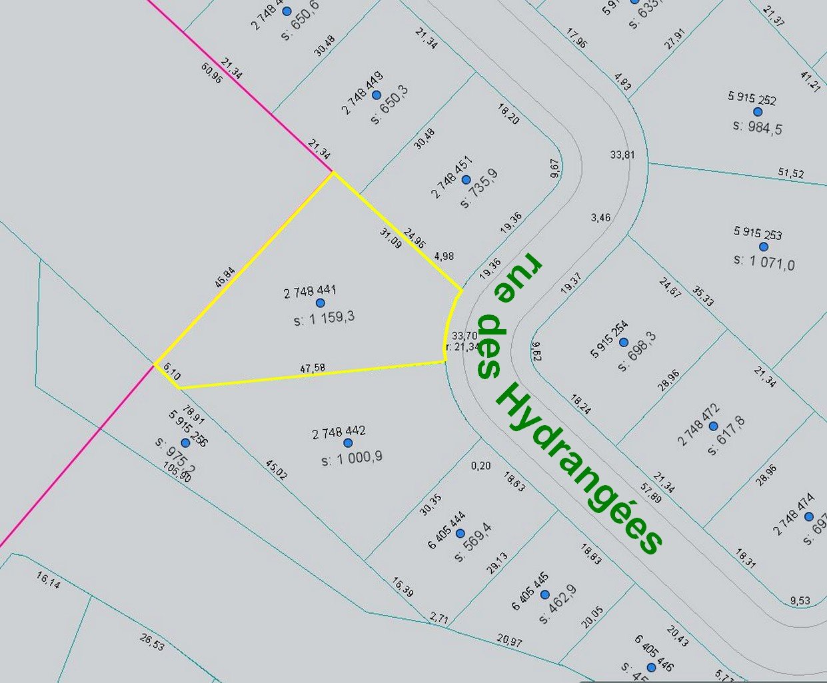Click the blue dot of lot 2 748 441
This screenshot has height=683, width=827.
320,303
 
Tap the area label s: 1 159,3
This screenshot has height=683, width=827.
324,318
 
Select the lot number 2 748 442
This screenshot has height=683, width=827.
339,433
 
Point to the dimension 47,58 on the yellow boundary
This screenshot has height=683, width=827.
313,368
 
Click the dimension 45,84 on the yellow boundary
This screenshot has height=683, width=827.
225,277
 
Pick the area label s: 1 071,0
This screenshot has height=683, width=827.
764,263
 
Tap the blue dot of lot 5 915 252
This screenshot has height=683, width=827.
758,112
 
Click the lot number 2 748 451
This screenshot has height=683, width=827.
452,177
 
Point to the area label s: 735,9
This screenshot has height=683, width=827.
479,189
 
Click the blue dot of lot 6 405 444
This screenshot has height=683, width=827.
460,533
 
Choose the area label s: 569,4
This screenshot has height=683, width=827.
471,542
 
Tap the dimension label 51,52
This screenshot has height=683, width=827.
791,173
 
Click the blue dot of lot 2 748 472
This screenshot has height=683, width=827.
713,426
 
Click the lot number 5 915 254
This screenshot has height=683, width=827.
609,339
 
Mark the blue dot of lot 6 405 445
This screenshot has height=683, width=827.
544,594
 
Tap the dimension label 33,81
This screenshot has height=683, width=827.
622,155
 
